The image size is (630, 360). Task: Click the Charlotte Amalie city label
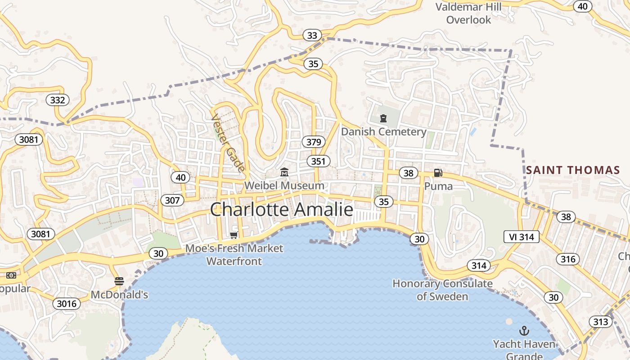click(282, 210)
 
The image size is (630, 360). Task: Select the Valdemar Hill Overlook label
click(468, 13)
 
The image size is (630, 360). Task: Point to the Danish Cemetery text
click(383, 132)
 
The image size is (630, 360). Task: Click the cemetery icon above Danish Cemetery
click(383, 118)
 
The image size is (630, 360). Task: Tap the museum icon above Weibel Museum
click(284, 172)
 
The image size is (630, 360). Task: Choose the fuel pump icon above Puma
click(438, 173)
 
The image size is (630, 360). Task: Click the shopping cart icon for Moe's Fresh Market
click(234, 235)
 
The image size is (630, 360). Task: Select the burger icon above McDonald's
click(119, 282)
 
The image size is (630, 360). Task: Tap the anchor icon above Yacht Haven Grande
click(524, 331)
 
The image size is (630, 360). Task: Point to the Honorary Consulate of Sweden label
click(442, 290)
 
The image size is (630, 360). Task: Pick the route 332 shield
click(58, 100)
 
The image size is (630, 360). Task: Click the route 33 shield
click(312, 35)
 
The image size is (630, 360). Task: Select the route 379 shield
click(314, 142)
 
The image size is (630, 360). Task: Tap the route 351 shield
click(319, 161)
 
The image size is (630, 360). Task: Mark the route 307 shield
click(172, 200)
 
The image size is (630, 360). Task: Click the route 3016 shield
click(67, 304)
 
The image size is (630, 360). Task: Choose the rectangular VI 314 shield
click(521, 237)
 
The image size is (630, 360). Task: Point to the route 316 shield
click(568, 259)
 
